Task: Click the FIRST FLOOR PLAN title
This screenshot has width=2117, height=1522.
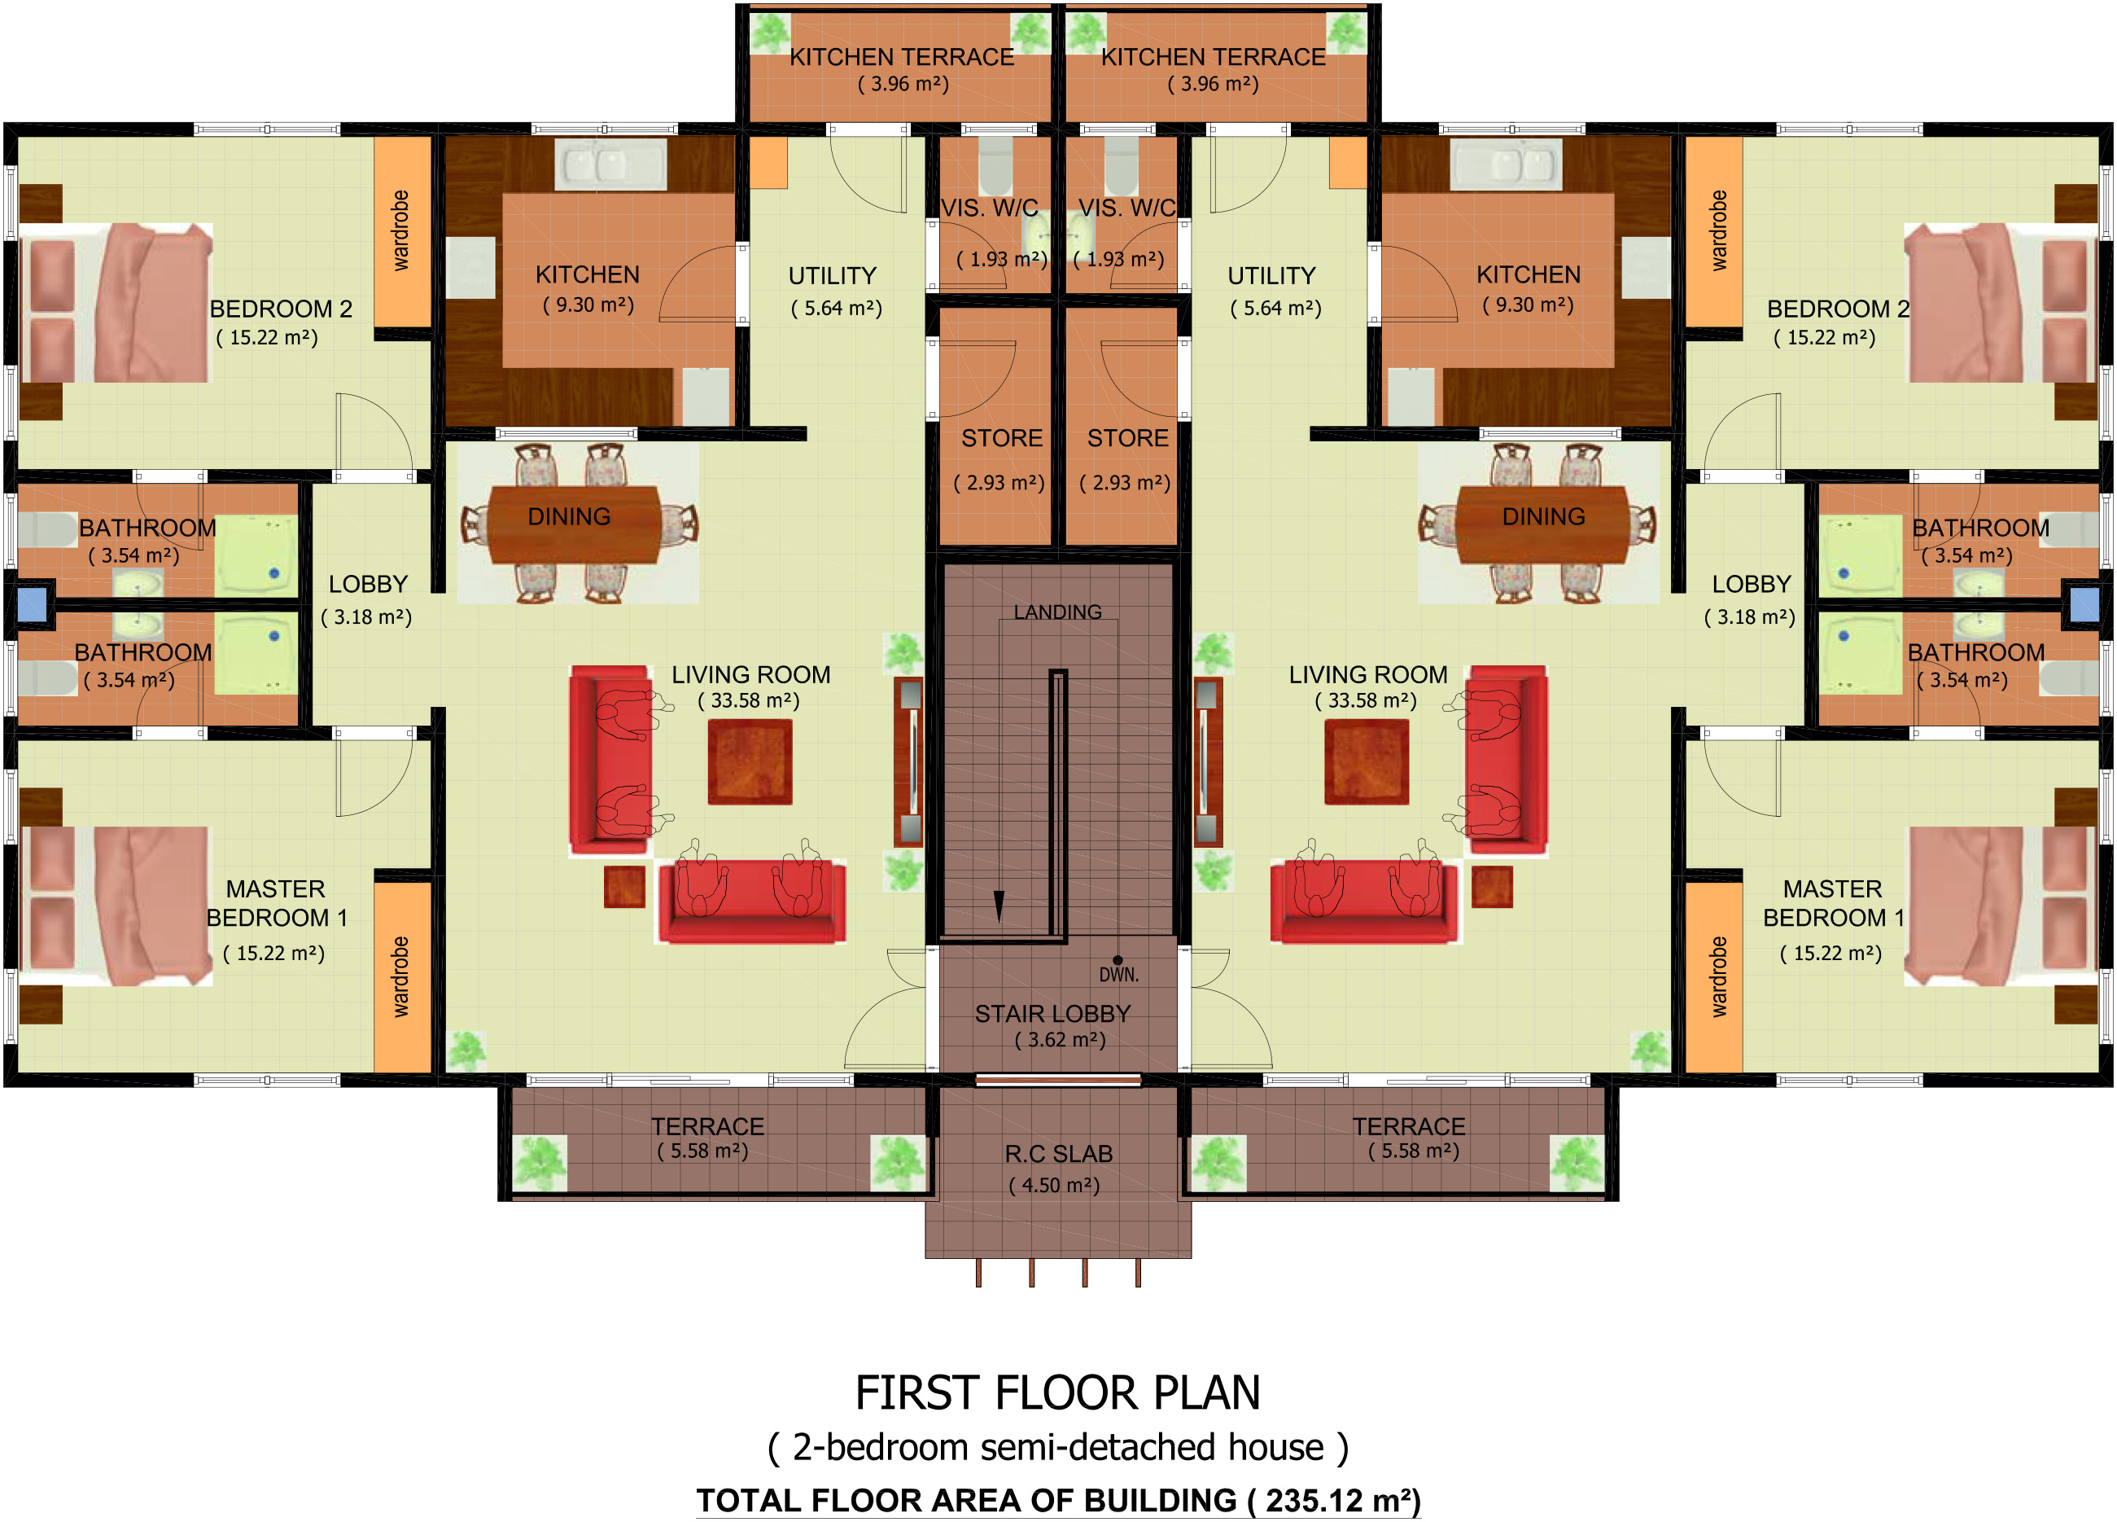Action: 1057,1393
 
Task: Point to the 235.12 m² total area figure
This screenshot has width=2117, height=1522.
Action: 1336,1501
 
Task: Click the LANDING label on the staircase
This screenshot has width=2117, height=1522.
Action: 1057,612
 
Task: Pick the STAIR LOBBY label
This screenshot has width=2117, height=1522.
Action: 1053,1013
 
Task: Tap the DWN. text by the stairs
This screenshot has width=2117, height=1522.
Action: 1118,975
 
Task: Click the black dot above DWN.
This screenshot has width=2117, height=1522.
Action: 1118,960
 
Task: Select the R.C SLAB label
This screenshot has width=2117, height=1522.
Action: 1058,1154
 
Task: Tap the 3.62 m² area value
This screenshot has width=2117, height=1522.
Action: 1061,1039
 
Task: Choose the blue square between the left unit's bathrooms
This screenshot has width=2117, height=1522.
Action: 32,604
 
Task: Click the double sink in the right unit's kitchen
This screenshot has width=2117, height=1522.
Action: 1506,165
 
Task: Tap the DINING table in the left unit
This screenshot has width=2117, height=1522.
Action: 575,523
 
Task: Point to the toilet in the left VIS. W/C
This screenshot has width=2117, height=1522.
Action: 996,166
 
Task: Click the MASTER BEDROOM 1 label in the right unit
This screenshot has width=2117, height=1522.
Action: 1833,903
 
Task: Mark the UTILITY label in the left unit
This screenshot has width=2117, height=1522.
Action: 833,275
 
